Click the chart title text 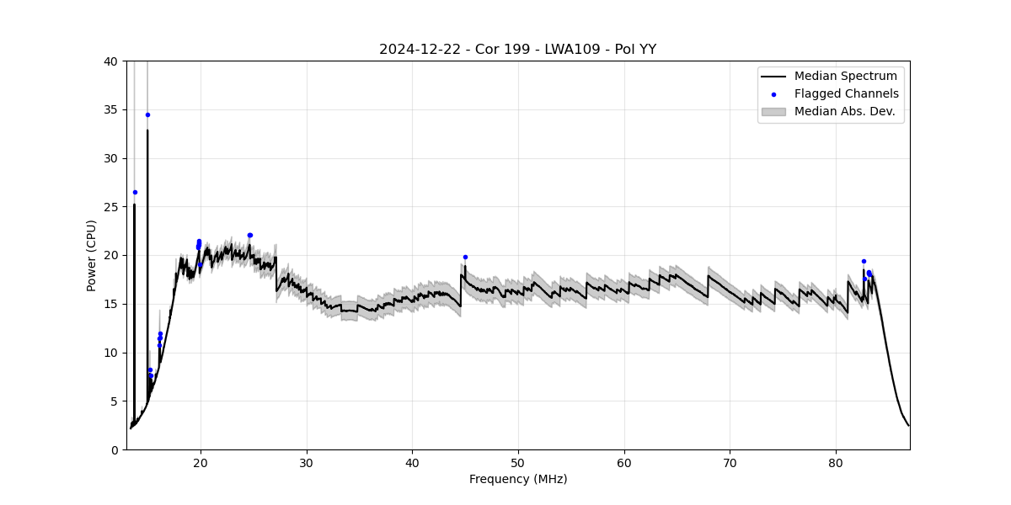coord(517,49)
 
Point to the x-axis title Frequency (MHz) coord(518,479)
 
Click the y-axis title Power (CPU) coord(91,255)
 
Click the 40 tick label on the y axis coord(110,61)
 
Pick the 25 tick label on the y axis coord(110,206)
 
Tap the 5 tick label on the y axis coord(114,401)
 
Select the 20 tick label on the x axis coord(201,462)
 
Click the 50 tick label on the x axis coord(518,462)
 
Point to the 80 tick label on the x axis coord(836,462)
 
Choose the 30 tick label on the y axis coord(110,158)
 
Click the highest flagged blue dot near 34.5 coord(147,114)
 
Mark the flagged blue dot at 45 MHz coord(465,257)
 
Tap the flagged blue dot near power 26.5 coord(135,192)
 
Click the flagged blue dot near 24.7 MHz coord(249,235)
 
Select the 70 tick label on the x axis coord(730,462)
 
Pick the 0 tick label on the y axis coord(114,449)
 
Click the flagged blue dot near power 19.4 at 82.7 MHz coord(864,261)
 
